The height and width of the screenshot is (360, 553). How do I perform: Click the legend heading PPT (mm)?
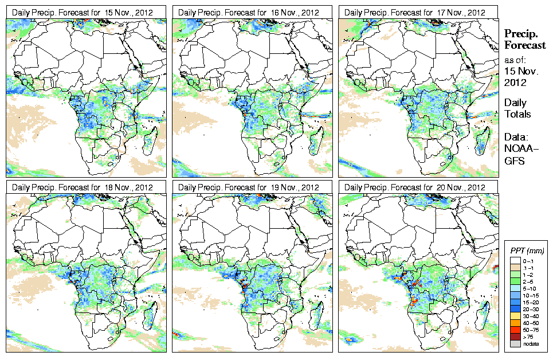[x=527, y=251]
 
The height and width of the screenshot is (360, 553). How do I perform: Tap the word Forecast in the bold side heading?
[x=525, y=46]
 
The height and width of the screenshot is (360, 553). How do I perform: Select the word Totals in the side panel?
[x=517, y=114]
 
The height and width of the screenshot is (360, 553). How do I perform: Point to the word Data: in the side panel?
[x=516, y=136]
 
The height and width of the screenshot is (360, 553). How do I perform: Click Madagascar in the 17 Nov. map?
[x=483, y=141]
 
